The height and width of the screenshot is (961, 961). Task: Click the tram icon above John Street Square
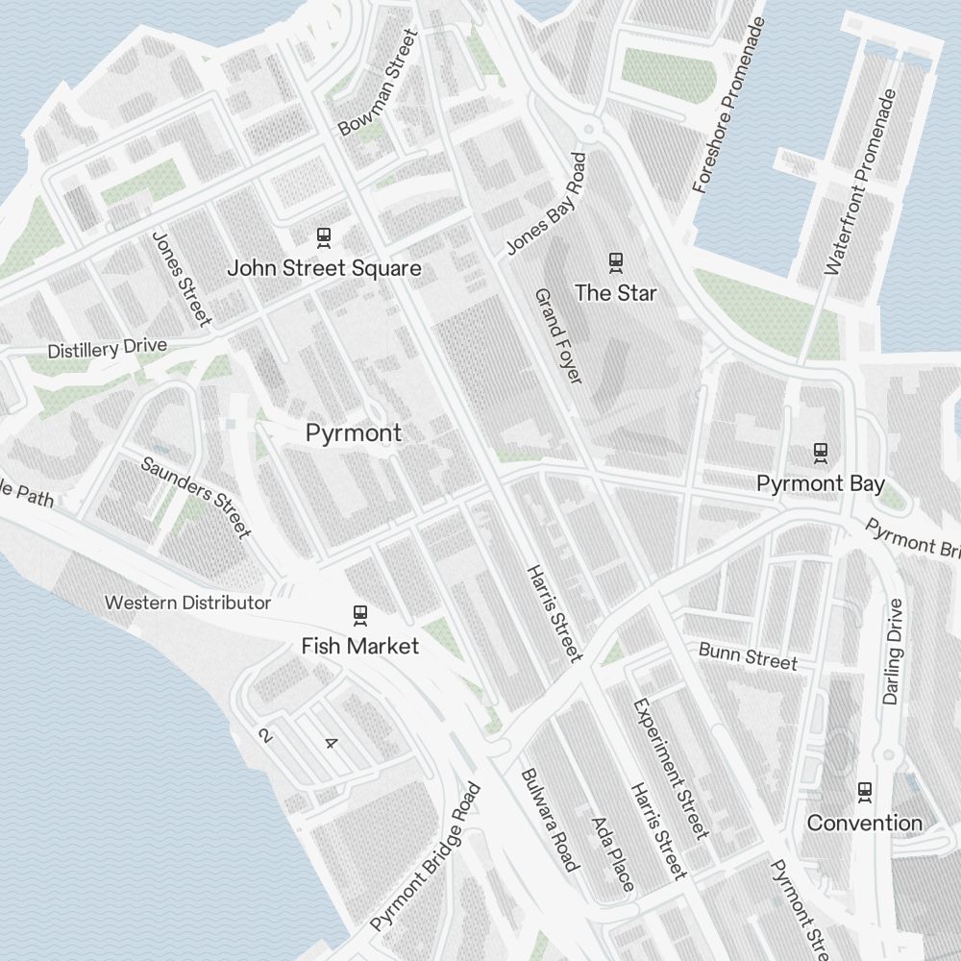(324, 236)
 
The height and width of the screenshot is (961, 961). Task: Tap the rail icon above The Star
(615, 260)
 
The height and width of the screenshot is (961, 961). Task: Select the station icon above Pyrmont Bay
(820, 452)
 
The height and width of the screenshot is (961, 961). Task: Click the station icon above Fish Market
(360, 614)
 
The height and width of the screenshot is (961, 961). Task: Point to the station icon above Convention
(865, 791)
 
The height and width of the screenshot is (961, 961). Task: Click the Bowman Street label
(380, 83)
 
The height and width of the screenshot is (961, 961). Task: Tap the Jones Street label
(181, 278)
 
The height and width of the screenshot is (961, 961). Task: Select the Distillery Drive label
(107, 349)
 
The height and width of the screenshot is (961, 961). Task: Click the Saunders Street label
(196, 497)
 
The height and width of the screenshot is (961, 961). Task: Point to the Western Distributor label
(187, 604)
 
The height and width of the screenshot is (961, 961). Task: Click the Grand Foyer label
(558, 336)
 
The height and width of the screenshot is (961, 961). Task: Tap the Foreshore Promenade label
(730, 106)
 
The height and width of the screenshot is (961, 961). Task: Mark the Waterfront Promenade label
(860, 183)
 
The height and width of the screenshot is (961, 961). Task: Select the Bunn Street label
(748, 658)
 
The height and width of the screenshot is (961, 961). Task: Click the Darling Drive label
(893, 652)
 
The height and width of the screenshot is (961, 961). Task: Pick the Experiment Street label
(670, 769)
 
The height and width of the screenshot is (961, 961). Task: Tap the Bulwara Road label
(551, 820)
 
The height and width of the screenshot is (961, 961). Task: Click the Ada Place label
(612, 853)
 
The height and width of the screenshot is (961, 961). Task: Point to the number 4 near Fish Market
(332, 743)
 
